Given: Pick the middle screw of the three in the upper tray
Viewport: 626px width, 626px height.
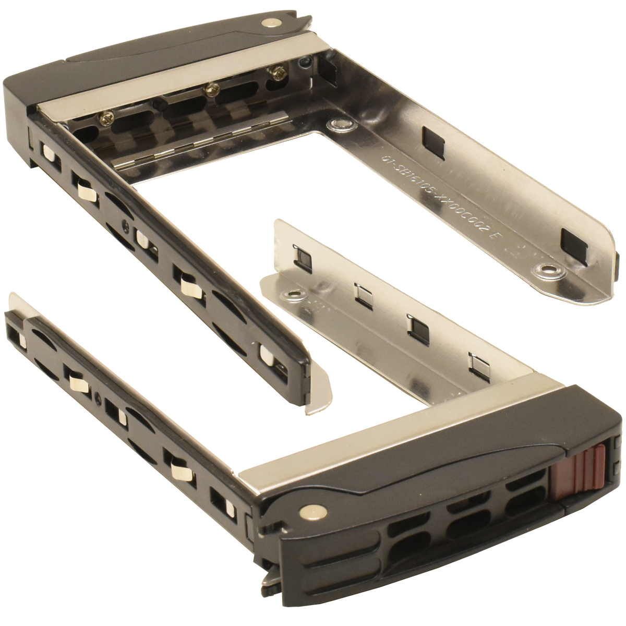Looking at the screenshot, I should tap(211, 90).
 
